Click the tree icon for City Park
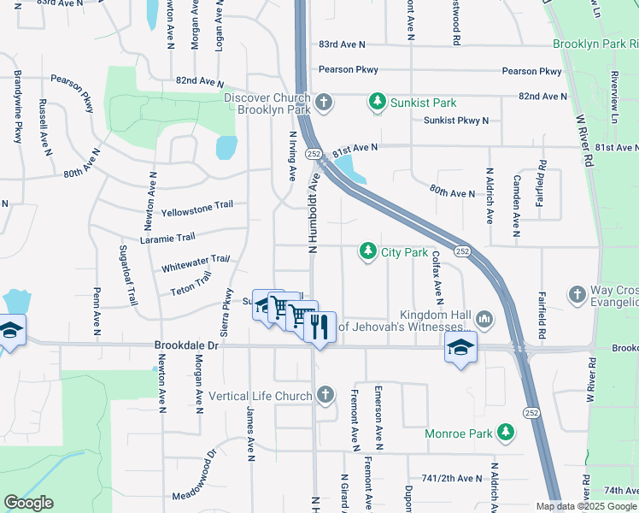pyautogui.click(x=368, y=252)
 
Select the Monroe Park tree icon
pyautogui.click(x=507, y=433)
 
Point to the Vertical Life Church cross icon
pyautogui.click(x=325, y=396)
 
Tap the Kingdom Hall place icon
pyautogui.click(x=485, y=320)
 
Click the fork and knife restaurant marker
pyautogui.click(x=319, y=327)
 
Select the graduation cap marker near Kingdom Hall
pyautogui.click(x=460, y=348)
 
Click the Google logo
pyautogui.click(x=28, y=503)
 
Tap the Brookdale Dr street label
pyautogui.click(x=186, y=346)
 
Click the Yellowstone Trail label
pyautogui.click(x=197, y=211)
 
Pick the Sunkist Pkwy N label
pyautogui.click(x=456, y=121)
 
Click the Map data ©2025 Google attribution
pyautogui.click(x=586, y=506)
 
